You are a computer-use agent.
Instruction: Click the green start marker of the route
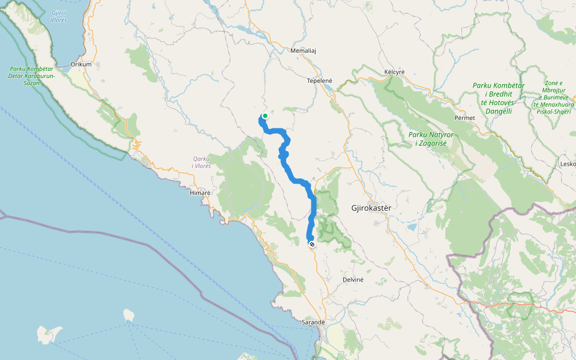(x=265, y=116)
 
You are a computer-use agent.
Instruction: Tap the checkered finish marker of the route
(x=312, y=244)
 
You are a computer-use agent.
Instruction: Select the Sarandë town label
(x=313, y=322)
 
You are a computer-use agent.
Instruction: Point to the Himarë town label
(x=200, y=193)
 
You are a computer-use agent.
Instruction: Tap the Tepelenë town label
(x=319, y=80)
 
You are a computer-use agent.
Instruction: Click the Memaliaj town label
(x=302, y=51)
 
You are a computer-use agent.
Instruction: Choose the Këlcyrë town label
(x=394, y=72)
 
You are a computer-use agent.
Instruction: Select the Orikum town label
(x=80, y=64)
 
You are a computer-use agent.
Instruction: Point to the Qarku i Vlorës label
(x=201, y=162)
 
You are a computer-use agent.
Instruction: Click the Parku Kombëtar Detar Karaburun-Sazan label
(x=32, y=76)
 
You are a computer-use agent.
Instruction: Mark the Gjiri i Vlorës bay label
(x=59, y=16)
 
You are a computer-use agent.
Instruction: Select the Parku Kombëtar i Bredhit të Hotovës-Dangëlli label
(x=499, y=98)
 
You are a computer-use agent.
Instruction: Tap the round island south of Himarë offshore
(x=127, y=314)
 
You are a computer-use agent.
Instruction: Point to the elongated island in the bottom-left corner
(x=49, y=334)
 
